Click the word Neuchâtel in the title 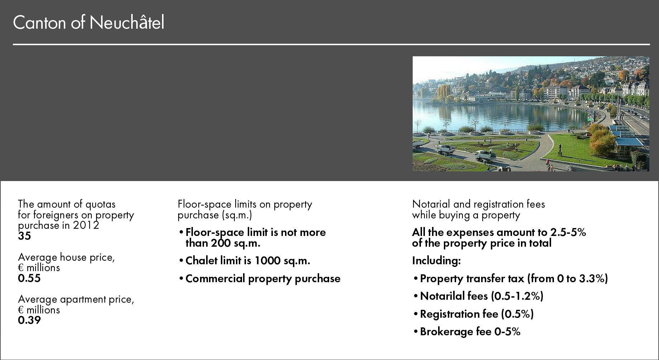click(x=127, y=23)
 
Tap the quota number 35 click(x=24, y=236)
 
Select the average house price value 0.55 click(x=29, y=278)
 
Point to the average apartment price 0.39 click(x=29, y=320)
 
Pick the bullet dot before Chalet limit click(x=181, y=261)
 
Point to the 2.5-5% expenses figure click(x=568, y=232)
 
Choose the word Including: click(x=436, y=261)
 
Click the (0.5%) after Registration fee click(x=517, y=314)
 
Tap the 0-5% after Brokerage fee click(x=507, y=332)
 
